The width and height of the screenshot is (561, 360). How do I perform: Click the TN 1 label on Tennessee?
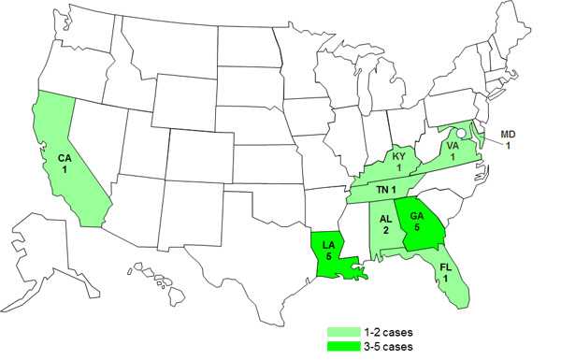387,190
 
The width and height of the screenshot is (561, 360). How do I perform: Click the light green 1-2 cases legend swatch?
344,331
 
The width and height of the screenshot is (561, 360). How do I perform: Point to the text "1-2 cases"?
388,331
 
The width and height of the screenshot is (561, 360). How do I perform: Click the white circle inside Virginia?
463,143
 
